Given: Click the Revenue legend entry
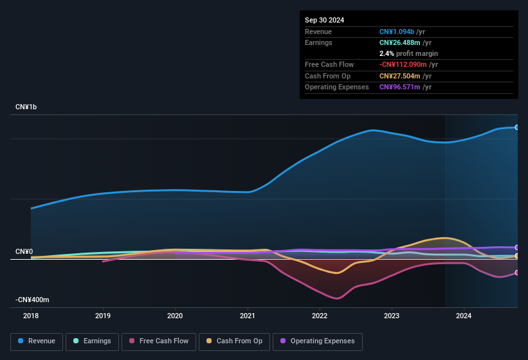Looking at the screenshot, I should tap(37, 341).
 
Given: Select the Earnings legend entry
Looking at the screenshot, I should tap(93, 341).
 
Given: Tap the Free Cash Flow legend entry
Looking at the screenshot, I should tap(159, 341).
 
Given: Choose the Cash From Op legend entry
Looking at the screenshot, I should tap(234, 341).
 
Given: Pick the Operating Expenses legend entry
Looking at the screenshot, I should tap(317, 341).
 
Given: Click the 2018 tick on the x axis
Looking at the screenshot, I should tap(31, 316).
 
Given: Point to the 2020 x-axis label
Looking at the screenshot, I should tap(175, 316).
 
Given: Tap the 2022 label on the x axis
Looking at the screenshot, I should tap(320, 316).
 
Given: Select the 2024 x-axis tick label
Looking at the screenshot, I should tap(464, 316).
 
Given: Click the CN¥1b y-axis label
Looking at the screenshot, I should tap(26, 107).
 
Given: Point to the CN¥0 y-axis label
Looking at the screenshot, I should tap(24, 251).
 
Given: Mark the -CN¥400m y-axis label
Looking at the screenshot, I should tap(32, 300).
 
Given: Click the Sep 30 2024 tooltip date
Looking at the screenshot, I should tap(324, 20).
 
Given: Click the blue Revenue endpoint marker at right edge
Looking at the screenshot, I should tap(516, 127).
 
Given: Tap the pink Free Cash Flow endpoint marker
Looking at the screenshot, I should tap(516, 273).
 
